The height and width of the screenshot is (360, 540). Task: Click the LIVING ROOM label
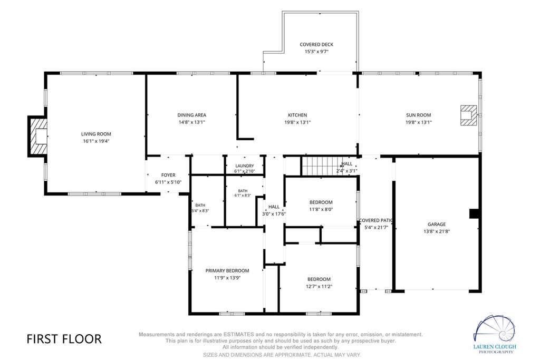pyautogui.click(x=96, y=134)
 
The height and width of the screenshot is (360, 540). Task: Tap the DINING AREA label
pyautogui.click(x=192, y=115)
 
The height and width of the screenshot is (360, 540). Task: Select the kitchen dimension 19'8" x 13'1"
pyautogui.click(x=297, y=122)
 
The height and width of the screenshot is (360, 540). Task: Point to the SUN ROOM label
pyautogui.click(x=418, y=115)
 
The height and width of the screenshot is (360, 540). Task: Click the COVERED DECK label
pyautogui.click(x=316, y=44)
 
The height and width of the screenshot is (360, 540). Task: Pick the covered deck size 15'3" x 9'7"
pyautogui.click(x=316, y=52)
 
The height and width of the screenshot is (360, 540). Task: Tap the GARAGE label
pyautogui.click(x=437, y=224)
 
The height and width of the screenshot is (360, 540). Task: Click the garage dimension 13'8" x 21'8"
pyautogui.click(x=437, y=231)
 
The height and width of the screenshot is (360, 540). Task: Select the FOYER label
pyautogui.click(x=168, y=175)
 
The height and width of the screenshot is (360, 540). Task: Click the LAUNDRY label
pyautogui.click(x=245, y=166)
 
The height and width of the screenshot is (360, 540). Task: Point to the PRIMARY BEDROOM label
pyautogui.click(x=227, y=270)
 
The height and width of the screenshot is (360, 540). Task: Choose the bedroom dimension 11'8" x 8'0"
pyautogui.click(x=321, y=209)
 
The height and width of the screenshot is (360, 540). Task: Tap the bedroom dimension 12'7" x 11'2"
pyautogui.click(x=319, y=286)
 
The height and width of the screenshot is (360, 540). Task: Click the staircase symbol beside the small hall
pyautogui.click(x=319, y=166)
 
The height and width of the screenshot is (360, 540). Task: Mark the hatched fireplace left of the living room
pyautogui.click(x=37, y=137)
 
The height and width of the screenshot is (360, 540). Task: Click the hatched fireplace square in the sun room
pyautogui.click(x=469, y=115)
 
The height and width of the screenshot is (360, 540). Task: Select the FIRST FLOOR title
pyautogui.click(x=64, y=339)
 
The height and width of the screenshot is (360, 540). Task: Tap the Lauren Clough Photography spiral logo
pyautogui.click(x=495, y=329)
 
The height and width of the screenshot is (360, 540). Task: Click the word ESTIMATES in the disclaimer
pyautogui.click(x=239, y=334)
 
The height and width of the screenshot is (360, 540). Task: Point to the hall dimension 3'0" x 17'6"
pyautogui.click(x=274, y=213)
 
